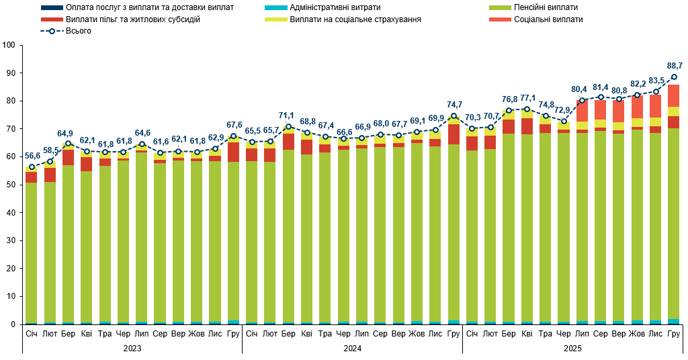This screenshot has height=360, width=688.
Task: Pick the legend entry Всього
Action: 79,32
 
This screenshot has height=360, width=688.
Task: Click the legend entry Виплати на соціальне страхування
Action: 355,19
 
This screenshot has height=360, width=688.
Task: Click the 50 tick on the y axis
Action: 10,185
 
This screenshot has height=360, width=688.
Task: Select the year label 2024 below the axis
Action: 352,349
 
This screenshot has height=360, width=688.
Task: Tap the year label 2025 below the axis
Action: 572,349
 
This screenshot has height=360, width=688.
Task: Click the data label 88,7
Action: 675,66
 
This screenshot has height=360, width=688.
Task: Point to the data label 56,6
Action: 32,156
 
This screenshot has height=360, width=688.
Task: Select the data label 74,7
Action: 454,105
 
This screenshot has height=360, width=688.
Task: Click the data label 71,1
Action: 289,116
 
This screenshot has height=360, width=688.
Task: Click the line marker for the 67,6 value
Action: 234,136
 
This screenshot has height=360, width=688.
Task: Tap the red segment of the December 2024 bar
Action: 454,134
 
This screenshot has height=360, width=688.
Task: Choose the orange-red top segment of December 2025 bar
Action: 674,95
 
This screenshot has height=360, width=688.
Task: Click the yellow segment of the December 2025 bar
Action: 674,111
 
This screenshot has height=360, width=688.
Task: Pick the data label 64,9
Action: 69,133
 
